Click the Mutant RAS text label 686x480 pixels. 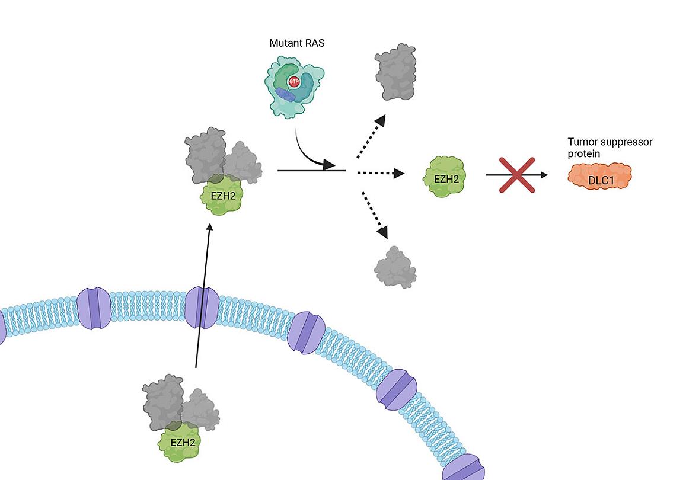(296, 43)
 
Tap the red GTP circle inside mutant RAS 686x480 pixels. (293, 82)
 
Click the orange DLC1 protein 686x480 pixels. (599, 176)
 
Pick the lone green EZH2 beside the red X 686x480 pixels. (444, 176)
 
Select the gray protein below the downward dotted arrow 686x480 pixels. (395, 268)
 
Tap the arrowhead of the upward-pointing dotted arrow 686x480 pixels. (380, 120)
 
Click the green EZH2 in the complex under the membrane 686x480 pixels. (182, 442)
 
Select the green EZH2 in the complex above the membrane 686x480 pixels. (222, 194)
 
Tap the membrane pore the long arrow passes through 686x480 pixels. (202, 308)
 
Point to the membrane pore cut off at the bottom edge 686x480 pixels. (464, 468)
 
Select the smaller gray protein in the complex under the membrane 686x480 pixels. (200, 409)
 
